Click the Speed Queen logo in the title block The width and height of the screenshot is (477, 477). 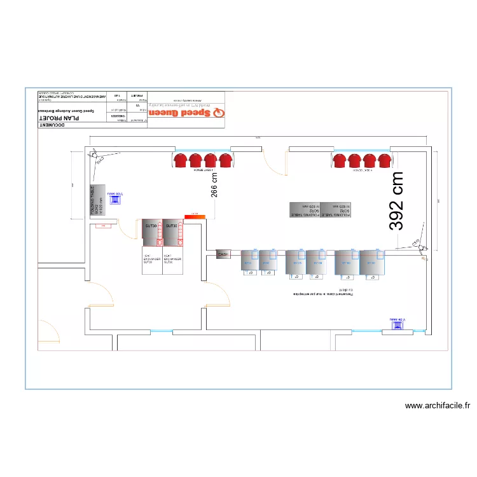(x=188, y=113)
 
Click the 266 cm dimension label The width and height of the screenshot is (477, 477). (x=214, y=184)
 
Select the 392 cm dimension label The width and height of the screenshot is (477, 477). (x=397, y=200)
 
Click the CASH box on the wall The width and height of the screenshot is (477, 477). (x=223, y=254)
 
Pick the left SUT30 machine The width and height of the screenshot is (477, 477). (x=151, y=232)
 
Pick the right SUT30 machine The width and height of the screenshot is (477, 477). (x=172, y=232)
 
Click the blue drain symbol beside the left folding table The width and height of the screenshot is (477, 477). (x=115, y=199)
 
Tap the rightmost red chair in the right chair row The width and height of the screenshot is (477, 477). (x=384, y=162)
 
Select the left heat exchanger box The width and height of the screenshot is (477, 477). (x=152, y=261)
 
